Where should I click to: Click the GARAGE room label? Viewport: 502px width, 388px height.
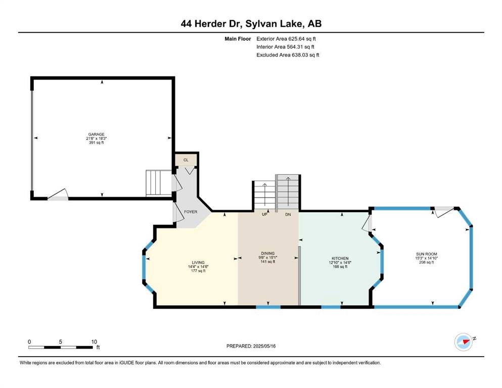point(97,134)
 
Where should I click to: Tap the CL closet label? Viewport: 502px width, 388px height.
point(186,160)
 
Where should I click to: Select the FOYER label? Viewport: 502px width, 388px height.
point(191,212)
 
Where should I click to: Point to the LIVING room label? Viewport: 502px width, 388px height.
point(198,263)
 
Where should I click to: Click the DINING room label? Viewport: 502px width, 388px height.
point(268,253)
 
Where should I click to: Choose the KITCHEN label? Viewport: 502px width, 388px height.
point(340,259)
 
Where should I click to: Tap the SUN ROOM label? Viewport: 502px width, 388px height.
point(427,254)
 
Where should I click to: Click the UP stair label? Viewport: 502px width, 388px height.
point(264,214)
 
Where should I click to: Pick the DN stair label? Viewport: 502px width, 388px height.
point(288,214)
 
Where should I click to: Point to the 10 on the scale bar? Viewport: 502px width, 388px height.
point(94,342)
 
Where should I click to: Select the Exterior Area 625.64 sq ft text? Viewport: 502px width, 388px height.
point(286,39)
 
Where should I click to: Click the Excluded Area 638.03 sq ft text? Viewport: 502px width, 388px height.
point(288,55)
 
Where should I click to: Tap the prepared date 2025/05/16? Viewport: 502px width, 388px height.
point(264,346)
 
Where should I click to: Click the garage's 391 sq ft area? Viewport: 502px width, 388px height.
point(97,142)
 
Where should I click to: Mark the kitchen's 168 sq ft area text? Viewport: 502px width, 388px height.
point(340,266)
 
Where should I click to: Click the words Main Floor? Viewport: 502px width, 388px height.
point(238,39)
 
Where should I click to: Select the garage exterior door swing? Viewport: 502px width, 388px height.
point(58,195)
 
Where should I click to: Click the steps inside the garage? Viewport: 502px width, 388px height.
point(159,183)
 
